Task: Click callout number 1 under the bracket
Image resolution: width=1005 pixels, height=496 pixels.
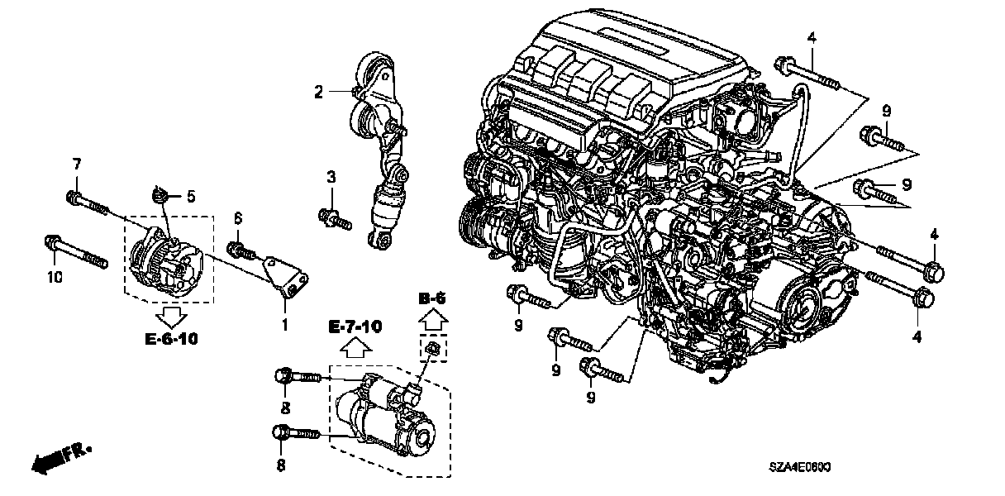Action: point(284,325)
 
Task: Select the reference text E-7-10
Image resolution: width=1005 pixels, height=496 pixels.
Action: point(355,327)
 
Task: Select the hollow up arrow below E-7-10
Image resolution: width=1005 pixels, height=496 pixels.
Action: point(355,347)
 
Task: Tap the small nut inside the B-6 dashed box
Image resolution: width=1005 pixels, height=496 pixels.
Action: point(433,350)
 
